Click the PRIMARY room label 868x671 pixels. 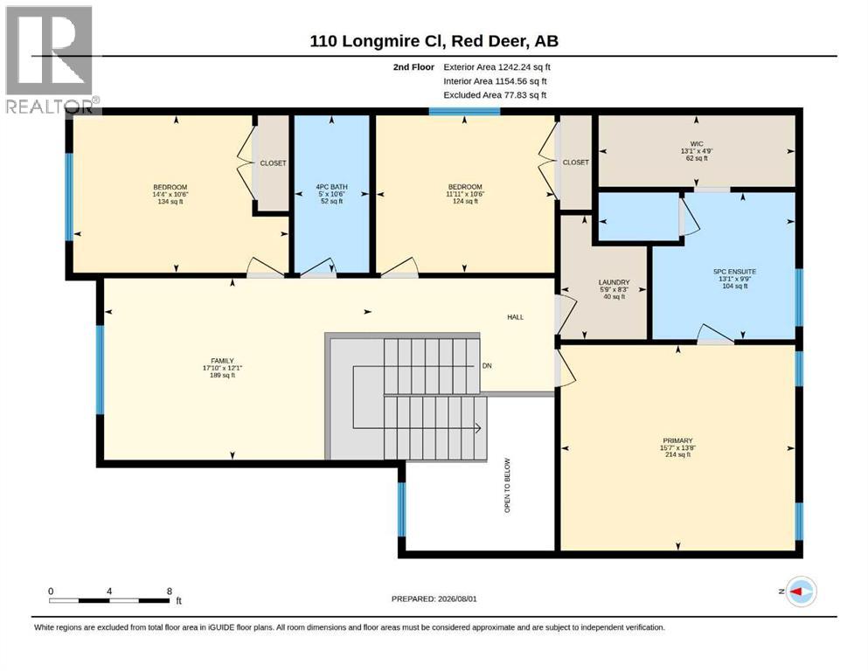pos(677,441)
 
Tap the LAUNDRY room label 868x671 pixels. pos(614,282)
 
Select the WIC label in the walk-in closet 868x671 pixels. pos(697,144)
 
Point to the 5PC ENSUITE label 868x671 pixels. pos(734,272)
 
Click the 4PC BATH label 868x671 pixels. pos(331,187)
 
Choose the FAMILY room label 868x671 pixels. pos(222,361)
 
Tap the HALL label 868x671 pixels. pos(516,317)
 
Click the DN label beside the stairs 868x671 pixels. pos(487,366)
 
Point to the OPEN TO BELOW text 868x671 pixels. pos(507,485)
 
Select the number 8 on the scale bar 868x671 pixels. pos(170,591)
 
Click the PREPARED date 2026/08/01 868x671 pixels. pos(457,598)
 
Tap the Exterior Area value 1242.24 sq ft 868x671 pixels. pos(524,67)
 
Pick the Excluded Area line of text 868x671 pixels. pos(495,94)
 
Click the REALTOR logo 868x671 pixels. pos(50,59)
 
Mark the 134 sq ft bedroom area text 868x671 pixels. pos(170,201)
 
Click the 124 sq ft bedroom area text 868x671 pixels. pos(465,201)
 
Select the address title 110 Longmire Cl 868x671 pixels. pos(378,41)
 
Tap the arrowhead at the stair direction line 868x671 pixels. pos(477,428)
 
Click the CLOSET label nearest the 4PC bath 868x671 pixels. pos(273,163)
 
